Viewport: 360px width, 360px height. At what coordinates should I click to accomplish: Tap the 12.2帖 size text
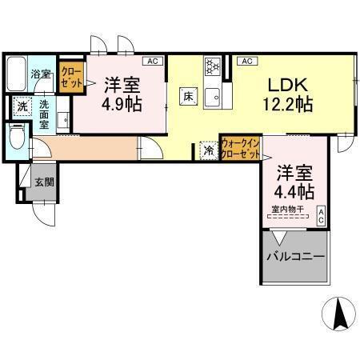coord(288,104)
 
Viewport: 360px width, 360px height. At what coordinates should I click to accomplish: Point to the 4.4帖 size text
coord(294,192)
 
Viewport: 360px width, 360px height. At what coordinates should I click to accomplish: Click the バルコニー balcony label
coord(295,258)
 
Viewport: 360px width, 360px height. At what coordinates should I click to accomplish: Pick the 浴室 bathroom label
coord(40,74)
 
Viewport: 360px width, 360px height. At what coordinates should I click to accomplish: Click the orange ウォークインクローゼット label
coord(241,146)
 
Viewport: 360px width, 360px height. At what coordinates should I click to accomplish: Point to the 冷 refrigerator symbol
coord(208,150)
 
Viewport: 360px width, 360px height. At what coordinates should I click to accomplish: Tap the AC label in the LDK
coord(246,61)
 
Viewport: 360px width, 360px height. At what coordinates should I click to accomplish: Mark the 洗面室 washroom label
coord(44,108)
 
